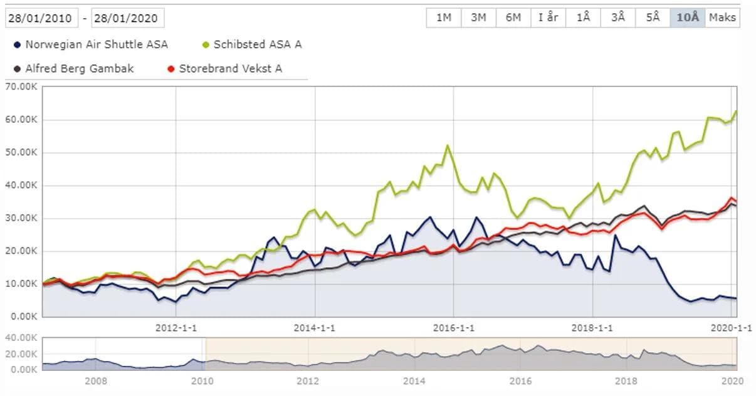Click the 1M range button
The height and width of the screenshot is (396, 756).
coord(444,18)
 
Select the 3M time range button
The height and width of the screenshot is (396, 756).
coord(478,18)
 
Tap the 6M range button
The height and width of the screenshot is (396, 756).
coord(513,18)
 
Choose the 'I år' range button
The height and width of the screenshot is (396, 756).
coord(548,18)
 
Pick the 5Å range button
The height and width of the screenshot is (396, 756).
coord(653,18)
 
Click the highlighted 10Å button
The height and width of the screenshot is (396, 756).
coord(688,18)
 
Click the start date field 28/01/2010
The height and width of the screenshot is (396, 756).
coord(42,18)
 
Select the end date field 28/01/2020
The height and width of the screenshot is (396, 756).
coord(128,18)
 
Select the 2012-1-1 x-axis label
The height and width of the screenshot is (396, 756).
coord(176,328)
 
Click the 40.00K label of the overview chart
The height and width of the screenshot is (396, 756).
coord(20,338)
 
